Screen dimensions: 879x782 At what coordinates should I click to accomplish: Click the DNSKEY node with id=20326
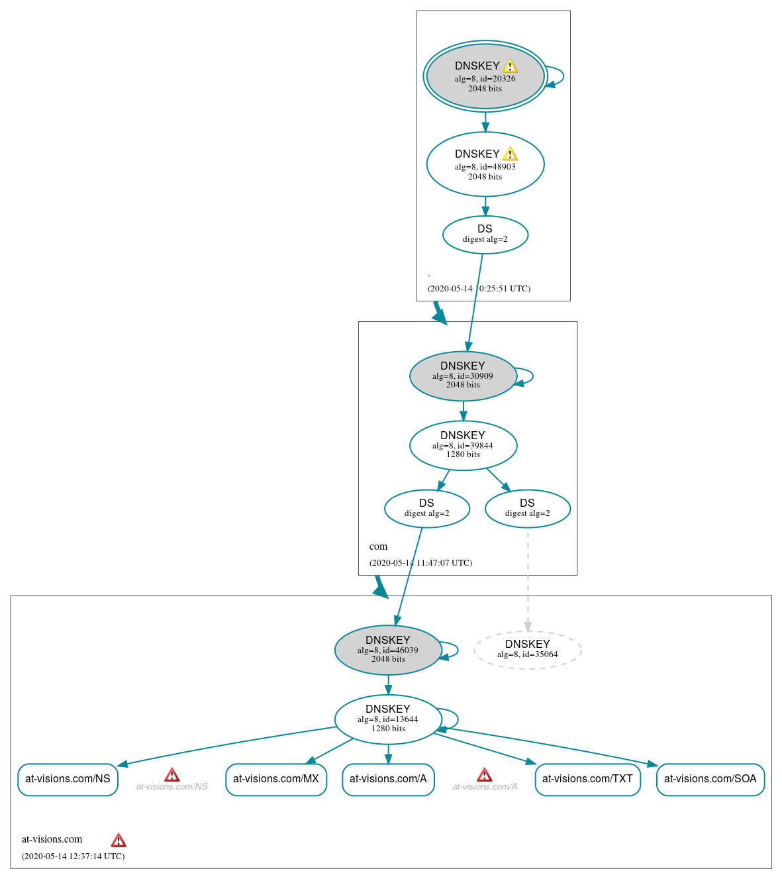pyautogui.click(x=485, y=76)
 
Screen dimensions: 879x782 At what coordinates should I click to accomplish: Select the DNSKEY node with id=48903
pyautogui.click(x=485, y=164)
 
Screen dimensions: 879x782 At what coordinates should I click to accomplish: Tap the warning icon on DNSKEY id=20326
pyautogui.click(x=510, y=66)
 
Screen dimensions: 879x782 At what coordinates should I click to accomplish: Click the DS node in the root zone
pyautogui.click(x=485, y=234)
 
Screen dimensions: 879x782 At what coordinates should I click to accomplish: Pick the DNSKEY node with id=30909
pyautogui.click(x=463, y=376)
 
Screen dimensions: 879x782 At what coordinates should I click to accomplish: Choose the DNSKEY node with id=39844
pyautogui.click(x=463, y=445)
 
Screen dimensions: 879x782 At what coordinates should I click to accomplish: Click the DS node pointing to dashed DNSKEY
pyautogui.click(x=527, y=509)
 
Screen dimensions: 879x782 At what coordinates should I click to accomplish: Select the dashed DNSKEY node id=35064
pyautogui.click(x=527, y=650)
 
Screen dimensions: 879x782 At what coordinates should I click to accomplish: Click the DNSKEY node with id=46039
pyautogui.click(x=388, y=650)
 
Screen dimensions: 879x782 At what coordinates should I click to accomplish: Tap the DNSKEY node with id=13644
pyautogui.click(x=388, y=719)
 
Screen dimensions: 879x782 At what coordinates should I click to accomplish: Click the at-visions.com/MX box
pyautogui.click(x=276, y=779)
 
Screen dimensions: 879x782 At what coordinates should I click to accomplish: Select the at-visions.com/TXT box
pyautogui.click(x=587, y=779)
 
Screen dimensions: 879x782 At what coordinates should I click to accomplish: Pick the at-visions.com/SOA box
pyautogui.click(x=710, y=779)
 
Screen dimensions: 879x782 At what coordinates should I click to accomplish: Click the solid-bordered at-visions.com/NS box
pyautogui.click(x=68, y=779)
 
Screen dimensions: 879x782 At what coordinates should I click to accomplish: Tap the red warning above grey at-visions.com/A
pyautogui.click(x=485, y=774)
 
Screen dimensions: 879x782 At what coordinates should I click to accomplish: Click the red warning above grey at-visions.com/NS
pyautogui.click(x=172, y=774)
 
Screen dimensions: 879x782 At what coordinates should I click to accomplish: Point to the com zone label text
pyautogui.click(x=378, y=546)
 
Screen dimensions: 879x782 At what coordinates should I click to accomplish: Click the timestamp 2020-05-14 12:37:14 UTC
pyautogui.click(x=73, y=856)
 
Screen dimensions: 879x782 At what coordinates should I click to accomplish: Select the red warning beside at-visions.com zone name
pyautogui.click(x=119, y=840)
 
